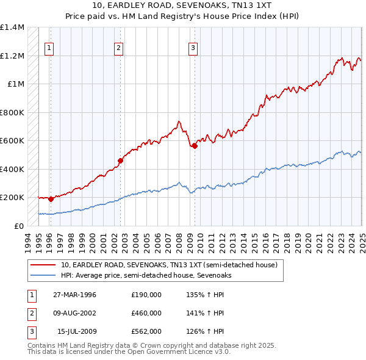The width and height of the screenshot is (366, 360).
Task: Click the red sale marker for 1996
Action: tap(51, 199)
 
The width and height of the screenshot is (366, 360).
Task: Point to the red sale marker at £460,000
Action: tap(120, 160)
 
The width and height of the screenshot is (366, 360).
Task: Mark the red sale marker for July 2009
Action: tap(195, 146)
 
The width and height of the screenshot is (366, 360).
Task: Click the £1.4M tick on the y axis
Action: tap(12, 27)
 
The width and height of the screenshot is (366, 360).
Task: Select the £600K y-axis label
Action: tap(12, 141)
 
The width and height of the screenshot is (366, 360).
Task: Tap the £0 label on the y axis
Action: tap(18, 226)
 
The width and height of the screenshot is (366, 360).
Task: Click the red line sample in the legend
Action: tap(43, 265)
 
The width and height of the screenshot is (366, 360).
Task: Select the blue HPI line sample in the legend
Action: tap(43, 275)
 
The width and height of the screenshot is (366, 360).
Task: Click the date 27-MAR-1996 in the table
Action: tap(74, 295)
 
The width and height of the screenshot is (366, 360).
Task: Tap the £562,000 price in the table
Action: tap(146, 331)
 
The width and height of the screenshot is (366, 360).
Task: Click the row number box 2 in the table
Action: tap(30, 313)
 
